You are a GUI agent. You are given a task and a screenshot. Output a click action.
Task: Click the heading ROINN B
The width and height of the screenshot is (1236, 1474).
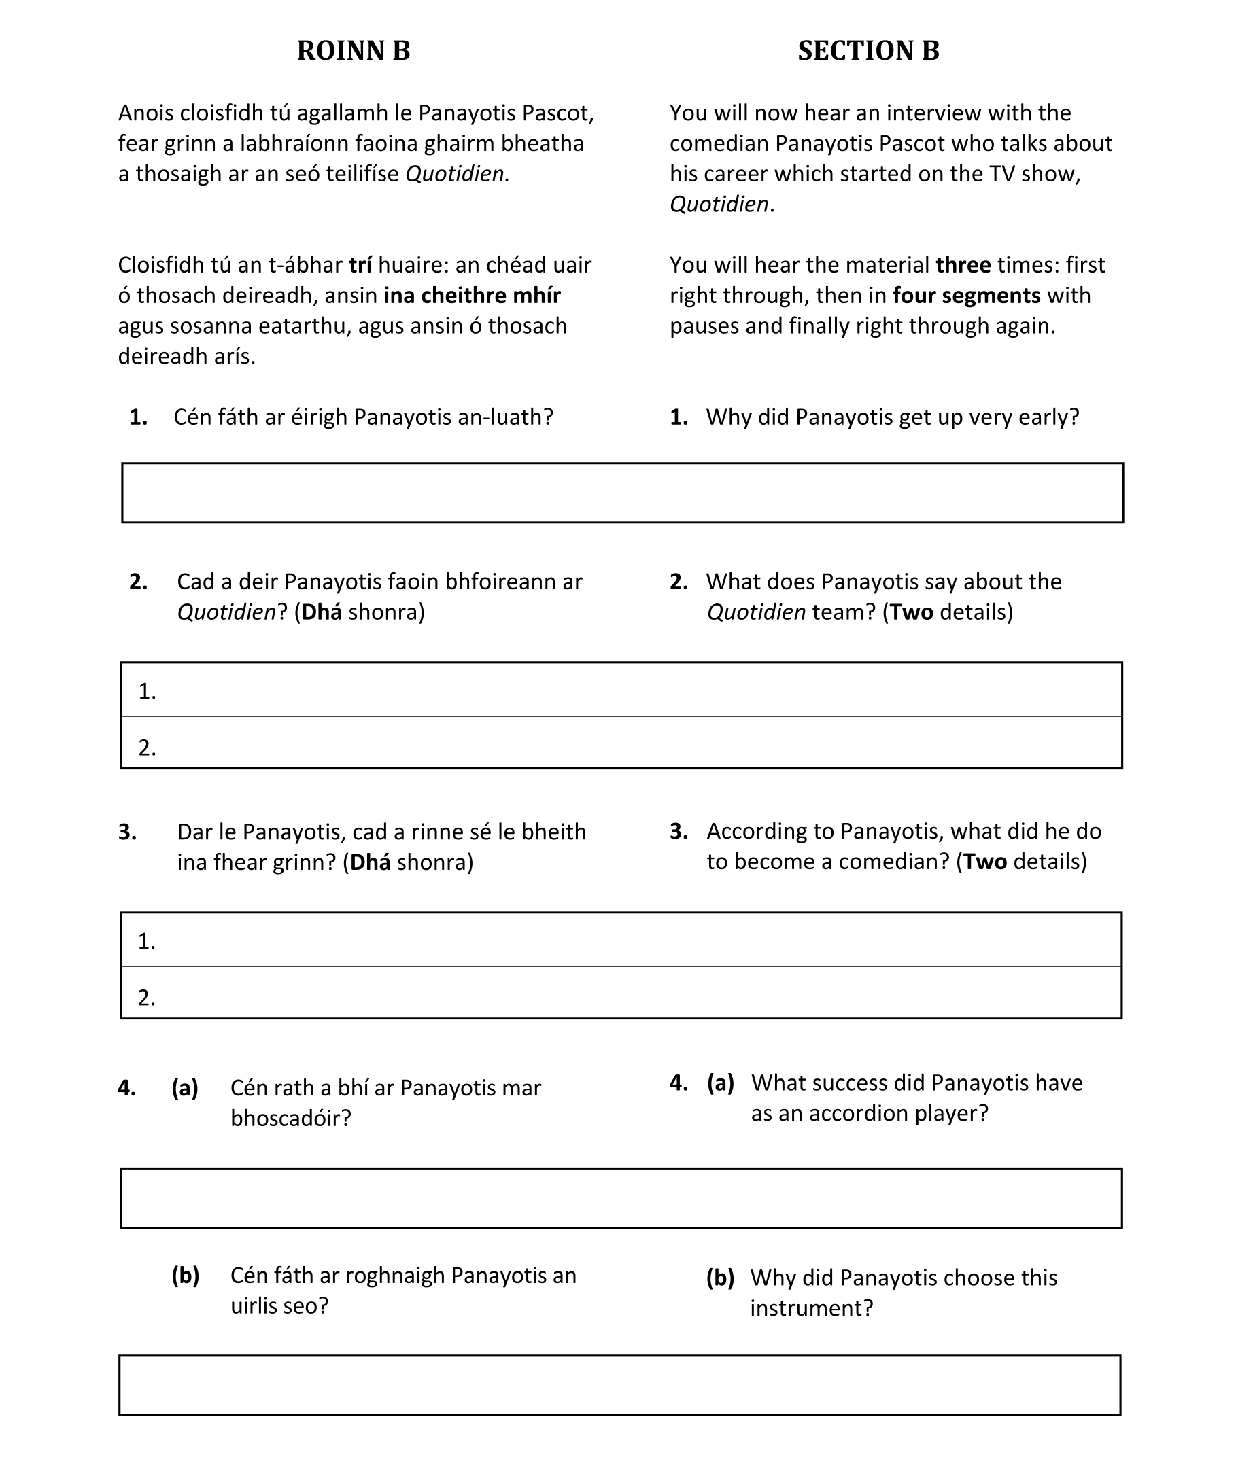click(354, 50)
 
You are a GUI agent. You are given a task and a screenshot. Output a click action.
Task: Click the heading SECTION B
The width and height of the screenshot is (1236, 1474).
click(868, 50)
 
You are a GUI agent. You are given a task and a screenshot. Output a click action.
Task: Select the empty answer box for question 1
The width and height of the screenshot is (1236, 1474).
click(622, 493)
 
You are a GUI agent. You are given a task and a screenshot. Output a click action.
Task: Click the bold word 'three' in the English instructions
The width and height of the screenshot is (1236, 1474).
click(963, 265)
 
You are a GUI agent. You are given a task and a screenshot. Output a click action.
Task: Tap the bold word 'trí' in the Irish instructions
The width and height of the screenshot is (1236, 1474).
click(360, 265)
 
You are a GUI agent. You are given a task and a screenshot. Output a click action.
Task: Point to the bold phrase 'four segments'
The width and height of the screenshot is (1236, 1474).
click(966, 296)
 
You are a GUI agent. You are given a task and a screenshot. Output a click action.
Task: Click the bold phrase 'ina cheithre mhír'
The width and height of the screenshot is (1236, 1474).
click(472, 296)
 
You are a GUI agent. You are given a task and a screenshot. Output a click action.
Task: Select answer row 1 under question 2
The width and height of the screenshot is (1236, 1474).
click(622, 690)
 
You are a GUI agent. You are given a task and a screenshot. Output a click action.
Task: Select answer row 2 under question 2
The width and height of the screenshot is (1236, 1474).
click(622, 743)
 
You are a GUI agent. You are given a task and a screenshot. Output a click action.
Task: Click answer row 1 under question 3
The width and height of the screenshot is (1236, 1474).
click(622, 940)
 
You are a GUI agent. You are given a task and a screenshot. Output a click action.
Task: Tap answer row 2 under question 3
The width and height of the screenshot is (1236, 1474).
click(622, 993)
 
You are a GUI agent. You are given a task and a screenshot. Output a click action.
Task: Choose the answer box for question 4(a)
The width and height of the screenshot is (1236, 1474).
click(622, 1198)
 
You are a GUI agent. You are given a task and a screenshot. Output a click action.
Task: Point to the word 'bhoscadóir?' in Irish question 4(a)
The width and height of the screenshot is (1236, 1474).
click(291, 1118)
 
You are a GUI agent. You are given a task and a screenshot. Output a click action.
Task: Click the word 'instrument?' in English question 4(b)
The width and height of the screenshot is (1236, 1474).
click(811, 1308)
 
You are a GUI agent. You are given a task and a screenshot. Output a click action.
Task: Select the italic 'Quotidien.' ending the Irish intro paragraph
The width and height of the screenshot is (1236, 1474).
click(457, 174)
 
